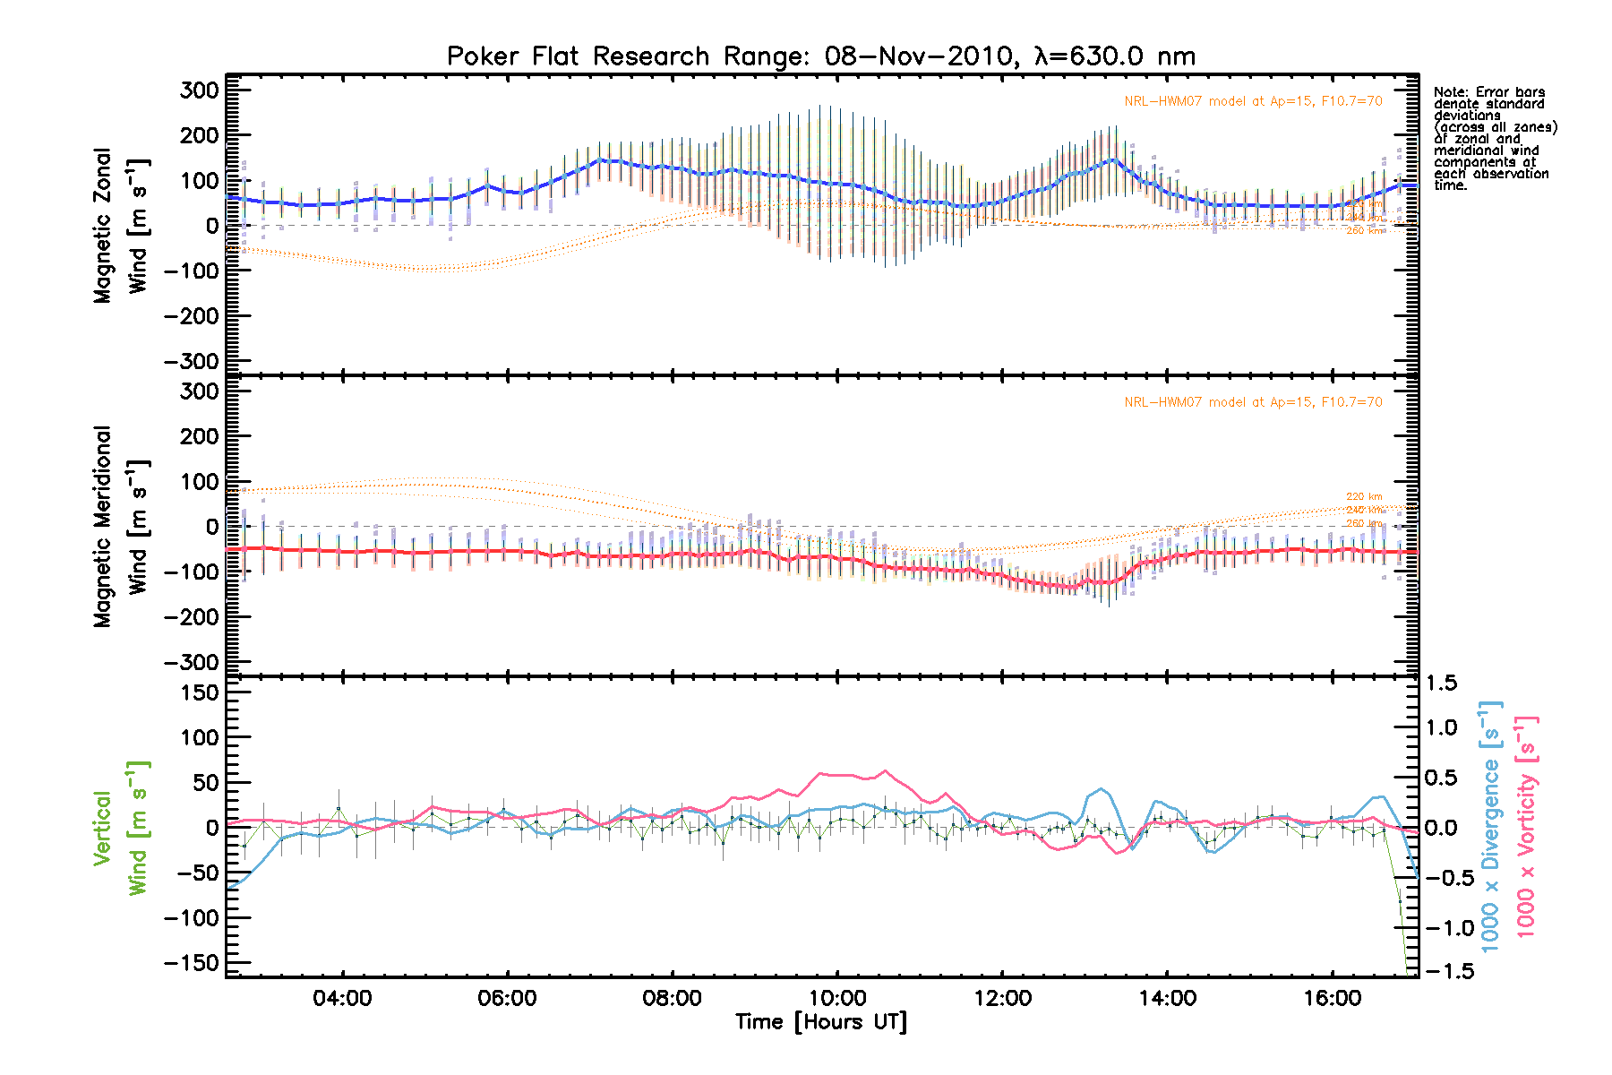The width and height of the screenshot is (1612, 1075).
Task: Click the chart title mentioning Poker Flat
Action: pos(820,56)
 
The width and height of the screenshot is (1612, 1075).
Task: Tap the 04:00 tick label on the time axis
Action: pos(342,998)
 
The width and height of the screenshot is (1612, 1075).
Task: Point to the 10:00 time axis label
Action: pos(837,998)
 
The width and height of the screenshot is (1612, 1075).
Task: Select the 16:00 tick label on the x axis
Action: pos(1333,998)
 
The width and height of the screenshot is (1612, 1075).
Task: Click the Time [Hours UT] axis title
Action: pos(821,1022)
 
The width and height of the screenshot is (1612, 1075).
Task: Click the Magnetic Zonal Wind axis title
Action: pos(121,226)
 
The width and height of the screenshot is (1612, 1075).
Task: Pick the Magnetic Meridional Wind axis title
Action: pos(121,527)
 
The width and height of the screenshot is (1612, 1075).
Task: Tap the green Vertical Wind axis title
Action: pos(121,828)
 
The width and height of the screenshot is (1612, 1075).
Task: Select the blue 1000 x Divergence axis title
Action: pos(1490,826)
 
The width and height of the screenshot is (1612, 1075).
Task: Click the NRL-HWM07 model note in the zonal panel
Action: pos(1253,101)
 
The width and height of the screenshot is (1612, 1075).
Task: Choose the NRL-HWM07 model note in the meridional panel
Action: pos(1253,402)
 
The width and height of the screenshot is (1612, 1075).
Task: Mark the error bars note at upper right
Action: pos(1495,139)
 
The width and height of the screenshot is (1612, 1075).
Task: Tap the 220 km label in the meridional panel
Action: pos(1364,496)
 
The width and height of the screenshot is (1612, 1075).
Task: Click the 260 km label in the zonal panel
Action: pos(1364,231)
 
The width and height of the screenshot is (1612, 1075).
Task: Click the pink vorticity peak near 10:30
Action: pos(885,770)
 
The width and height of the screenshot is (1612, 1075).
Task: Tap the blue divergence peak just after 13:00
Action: pos(1101,789)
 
